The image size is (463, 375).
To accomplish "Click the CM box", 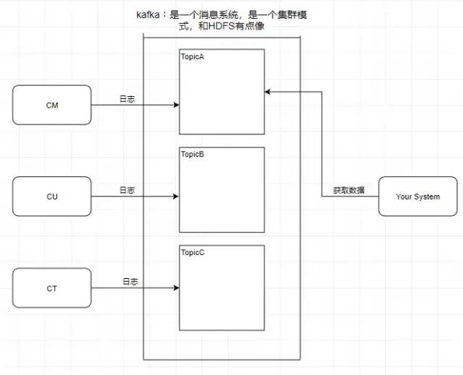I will pos(52,105).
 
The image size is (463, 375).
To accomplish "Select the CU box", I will pos(52,197).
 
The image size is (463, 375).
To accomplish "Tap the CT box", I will pos(52,288).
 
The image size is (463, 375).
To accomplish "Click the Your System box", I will pos(417,197).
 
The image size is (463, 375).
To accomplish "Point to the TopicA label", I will pos(192,56).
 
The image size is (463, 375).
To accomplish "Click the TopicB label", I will pos(192,155).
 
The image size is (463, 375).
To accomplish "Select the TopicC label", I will pos(192,253).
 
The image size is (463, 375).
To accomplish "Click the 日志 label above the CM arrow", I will pos(127,98).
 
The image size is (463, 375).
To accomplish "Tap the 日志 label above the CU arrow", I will pos(127,190).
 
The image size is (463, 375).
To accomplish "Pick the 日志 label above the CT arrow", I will pos(130,281).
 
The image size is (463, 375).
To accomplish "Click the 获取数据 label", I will pos(349,190).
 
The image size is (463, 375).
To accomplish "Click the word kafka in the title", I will pos(150,15).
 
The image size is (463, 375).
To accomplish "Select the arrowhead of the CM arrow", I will pos(176,105).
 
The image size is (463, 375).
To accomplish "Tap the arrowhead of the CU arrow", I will pos(176,197).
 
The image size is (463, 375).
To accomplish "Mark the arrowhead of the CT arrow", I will pos(176,288).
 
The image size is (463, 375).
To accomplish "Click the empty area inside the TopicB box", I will pos(222,195).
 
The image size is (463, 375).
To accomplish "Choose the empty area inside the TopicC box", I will pos(222,293).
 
